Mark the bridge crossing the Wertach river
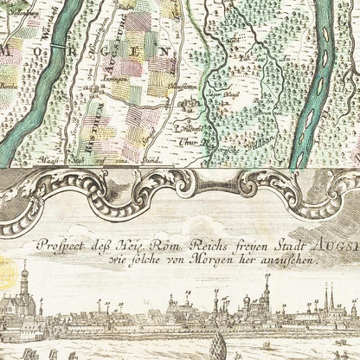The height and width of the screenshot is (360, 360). tap(56, 39)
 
